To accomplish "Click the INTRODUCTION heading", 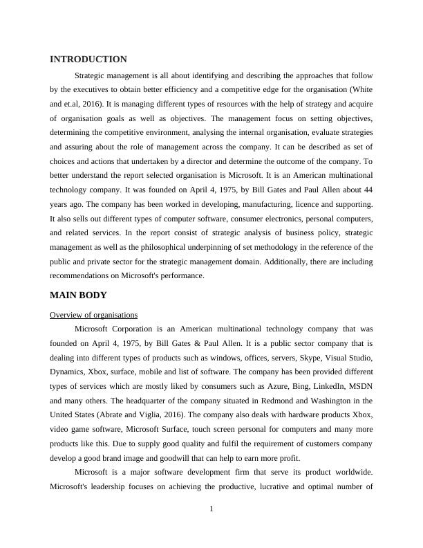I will coord(88,60).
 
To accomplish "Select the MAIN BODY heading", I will coord(78,295).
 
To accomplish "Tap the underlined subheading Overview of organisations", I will coord(94,315).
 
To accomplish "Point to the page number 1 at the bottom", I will coord(211,509).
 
